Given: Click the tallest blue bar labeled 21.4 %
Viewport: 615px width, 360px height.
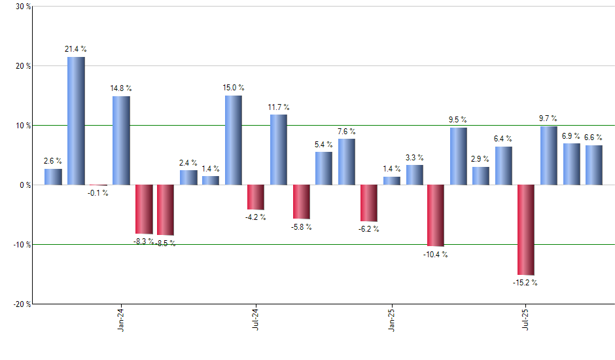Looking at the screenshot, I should [x=76, y=121].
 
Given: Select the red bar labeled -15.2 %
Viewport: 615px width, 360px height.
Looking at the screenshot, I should [x=526, y=230].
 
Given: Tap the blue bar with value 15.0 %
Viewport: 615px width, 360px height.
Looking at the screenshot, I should [x=234, y=140].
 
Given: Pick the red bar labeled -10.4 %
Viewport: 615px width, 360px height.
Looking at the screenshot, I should [x=436, y=215].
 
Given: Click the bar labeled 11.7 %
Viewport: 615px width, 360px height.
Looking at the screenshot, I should [x=279, y=150].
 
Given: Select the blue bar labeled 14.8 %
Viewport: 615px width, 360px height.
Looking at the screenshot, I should [x=121, y=141].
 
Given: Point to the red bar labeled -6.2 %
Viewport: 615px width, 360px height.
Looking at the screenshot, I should [x=369, y=203].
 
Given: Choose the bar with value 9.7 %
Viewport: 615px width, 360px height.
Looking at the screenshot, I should [x=549, y=156].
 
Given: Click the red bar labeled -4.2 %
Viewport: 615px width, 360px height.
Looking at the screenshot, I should [x=256, y=197].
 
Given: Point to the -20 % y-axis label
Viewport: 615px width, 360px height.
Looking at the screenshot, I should [x=20, y=304].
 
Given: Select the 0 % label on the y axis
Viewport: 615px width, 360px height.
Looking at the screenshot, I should [x=24, y=185].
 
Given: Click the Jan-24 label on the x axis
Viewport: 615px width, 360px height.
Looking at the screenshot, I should [x=122, y=320].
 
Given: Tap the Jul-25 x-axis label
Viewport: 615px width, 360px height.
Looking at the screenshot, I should [x=527, y=320].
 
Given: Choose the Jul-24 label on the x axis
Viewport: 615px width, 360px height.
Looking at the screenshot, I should [x=256, y=320].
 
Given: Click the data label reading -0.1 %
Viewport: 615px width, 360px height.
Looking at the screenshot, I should [x=98, y=193].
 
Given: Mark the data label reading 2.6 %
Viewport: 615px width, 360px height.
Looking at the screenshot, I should [x=53, y=161].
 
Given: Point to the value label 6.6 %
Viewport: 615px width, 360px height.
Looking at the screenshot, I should [x=594, y=137].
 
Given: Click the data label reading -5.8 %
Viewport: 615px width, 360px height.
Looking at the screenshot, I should [x=302, y=227].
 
